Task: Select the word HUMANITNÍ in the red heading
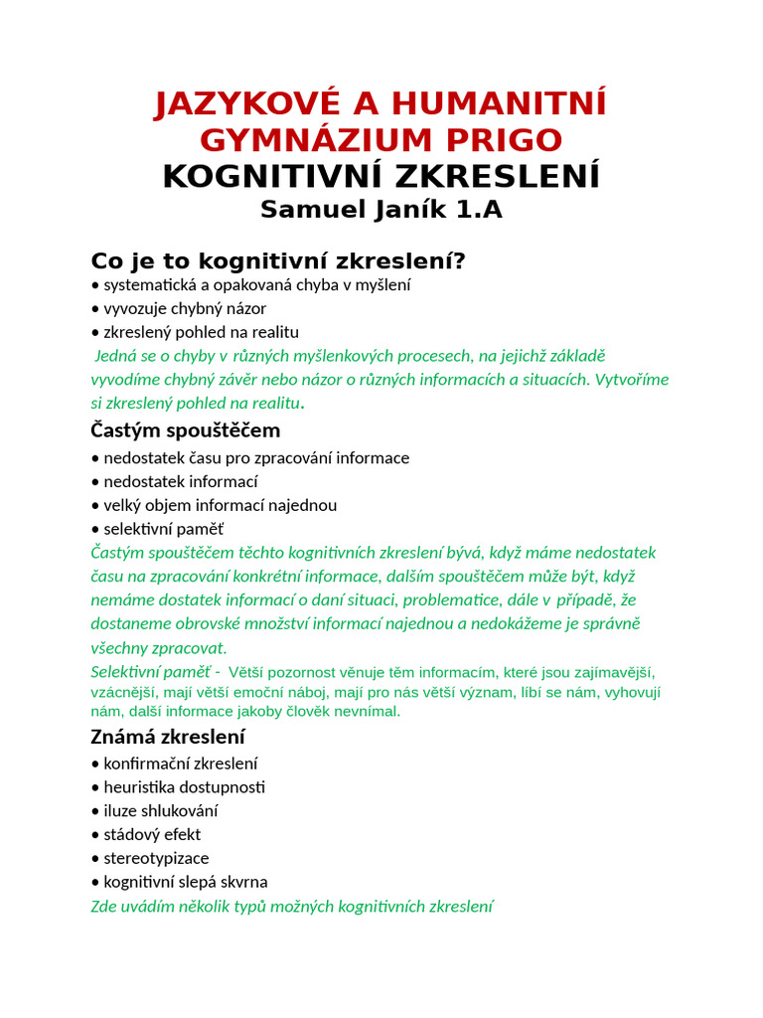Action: click(500, 102)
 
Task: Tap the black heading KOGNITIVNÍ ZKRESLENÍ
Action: click(381, 176)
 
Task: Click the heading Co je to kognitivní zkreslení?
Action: click(278, 260)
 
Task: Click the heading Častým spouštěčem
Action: click(186, 430)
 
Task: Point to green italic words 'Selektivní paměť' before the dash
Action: click(150, 672)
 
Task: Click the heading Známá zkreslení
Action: click(168, 737)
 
